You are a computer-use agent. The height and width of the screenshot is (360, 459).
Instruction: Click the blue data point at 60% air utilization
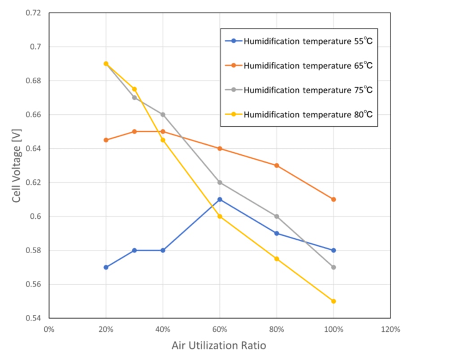tap(220, 200)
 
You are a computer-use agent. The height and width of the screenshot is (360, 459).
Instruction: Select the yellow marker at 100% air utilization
tap(333, 301)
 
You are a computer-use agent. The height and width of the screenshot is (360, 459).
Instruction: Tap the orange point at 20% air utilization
tap(106, 140)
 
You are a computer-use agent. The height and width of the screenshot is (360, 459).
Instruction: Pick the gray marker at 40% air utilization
tap(163, 114)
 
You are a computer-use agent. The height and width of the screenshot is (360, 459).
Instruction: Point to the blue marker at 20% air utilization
tap(106, 267)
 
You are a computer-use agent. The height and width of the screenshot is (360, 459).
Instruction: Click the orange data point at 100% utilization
tap(333, 200)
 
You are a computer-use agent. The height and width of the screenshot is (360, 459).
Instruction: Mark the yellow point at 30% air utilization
tap(134, 89)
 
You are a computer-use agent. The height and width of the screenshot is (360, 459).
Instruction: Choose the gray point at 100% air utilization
tap(333, 267)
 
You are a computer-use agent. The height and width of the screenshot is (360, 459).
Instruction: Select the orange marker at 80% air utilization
tap(277, 165)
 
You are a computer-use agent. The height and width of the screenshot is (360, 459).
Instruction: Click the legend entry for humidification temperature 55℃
tap(308, 41)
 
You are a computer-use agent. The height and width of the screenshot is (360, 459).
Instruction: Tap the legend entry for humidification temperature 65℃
tap(308, 65)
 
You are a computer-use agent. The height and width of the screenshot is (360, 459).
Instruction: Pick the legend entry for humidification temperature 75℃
tap(308, 90)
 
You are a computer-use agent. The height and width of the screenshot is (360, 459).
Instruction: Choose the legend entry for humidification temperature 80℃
tap(308, 114)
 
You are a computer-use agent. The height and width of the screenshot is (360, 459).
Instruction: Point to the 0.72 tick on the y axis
tap(34, 13)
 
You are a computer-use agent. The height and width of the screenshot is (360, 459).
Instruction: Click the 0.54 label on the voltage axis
tap(34, 318)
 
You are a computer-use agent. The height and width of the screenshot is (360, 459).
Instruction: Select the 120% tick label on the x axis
tap(390, 330)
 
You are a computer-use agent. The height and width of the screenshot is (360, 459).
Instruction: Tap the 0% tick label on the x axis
tap(49, 330)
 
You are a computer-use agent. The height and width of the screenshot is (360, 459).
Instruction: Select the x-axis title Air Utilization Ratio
tap(219, 346)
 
